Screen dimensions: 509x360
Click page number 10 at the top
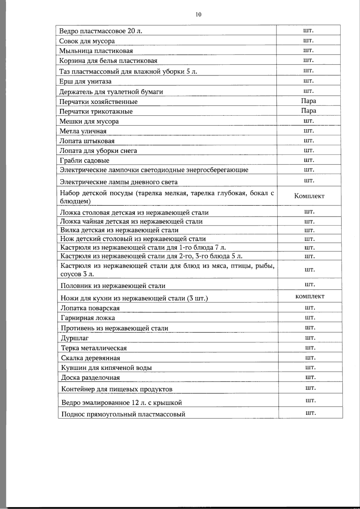[x=198, y=14]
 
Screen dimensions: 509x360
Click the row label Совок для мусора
[x=87, y=41]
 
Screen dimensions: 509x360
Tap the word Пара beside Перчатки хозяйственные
[x=308, y=101]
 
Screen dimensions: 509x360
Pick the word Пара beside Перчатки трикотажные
[x=308, y=111]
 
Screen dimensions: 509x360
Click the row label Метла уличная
[x=83, y=131]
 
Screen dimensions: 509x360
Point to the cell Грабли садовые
[x=85, y=161]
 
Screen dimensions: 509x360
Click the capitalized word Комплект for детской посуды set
[x=309, y=196]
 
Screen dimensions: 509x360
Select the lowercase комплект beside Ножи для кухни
[x=310, y=297]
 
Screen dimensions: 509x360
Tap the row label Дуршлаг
[x=75, y=338]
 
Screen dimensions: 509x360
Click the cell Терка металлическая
[x=94, y=348]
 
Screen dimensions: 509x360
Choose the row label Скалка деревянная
[x=91, y=358]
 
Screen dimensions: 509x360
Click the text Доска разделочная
[x=91, y=378]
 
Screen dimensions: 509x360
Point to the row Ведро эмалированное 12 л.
[x=121, y=403]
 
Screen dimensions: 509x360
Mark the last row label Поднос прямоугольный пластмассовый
[x=123, y=414]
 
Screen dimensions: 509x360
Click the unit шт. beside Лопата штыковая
[x=308, y=140]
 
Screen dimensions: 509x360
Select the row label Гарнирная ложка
[x=88, y=318]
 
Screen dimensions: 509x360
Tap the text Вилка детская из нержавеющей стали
[x=119, y=230]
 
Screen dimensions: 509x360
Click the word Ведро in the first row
[x=68, y=31]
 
